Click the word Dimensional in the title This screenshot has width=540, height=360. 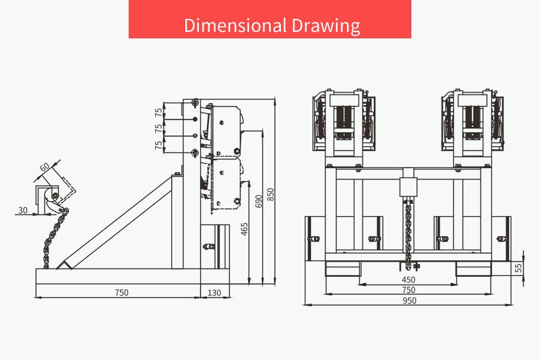click(235, 25)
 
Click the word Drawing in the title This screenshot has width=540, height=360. click(326, 26)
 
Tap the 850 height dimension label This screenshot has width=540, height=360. click(271, 195)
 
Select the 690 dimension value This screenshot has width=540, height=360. click(258, 201)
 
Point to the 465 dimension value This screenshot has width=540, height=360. click(244, 229)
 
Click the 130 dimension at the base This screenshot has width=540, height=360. click(214, 293)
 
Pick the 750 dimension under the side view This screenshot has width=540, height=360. click(122, 293)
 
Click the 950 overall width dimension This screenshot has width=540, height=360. click(410, 301)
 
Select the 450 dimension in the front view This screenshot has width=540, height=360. click(408, 280)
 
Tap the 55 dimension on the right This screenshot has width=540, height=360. click(518, 268)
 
